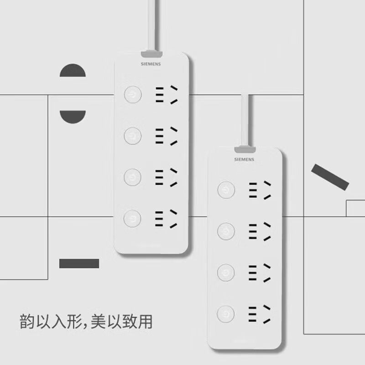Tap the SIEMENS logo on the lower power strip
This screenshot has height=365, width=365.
pos(244,160)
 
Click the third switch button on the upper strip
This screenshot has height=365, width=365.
pos(132,176)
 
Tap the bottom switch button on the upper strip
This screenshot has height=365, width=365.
pos(132,218)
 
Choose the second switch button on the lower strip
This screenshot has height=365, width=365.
pos(226,231)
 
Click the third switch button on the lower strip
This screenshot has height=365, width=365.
pos(226,272)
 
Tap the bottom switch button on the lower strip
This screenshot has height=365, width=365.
pos(226,314)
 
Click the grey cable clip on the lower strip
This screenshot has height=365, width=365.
pos(245,149)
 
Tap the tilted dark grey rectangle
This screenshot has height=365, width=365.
pos(330,177)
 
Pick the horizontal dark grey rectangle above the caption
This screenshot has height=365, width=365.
pos(79,263)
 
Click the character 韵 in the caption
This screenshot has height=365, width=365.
pos(27,322)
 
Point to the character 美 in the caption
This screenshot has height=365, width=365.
pos(98,322)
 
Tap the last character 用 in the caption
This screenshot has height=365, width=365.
pos(145,322)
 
